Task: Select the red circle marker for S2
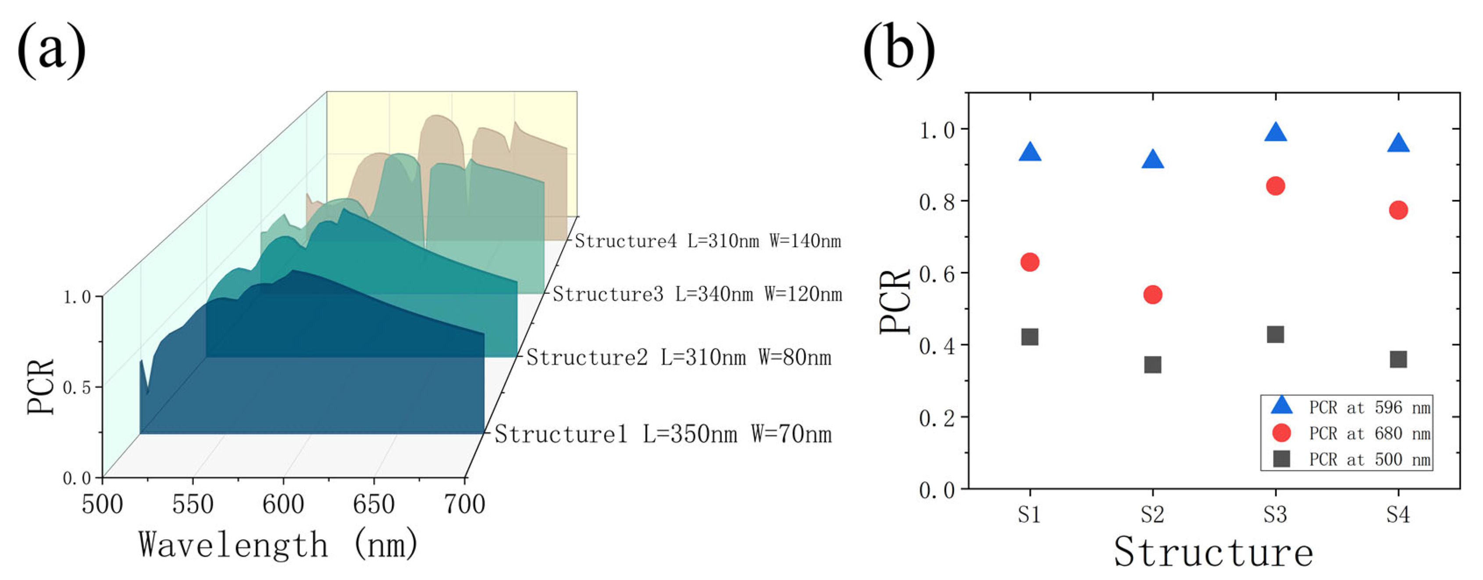tap(1152, 295)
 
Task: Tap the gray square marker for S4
tap(1398, 359)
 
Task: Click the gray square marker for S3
tap(1276, 334)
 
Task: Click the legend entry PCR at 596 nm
tap(1369, 407)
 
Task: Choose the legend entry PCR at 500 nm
tap(1369, 459)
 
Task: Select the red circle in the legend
tap(1281, 433)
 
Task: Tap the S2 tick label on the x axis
tap(1152, 514)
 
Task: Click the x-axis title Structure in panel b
tap(1214, 552)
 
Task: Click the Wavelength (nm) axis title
tap(278, 544)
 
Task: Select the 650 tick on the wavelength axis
tap(374, 505)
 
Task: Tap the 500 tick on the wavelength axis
tap(103, 505)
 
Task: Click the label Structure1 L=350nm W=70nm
tap(663, 434)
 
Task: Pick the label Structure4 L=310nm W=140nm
tap(708, 241)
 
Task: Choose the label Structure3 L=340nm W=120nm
tap(697, 295)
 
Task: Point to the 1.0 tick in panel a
tap(77, 298)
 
